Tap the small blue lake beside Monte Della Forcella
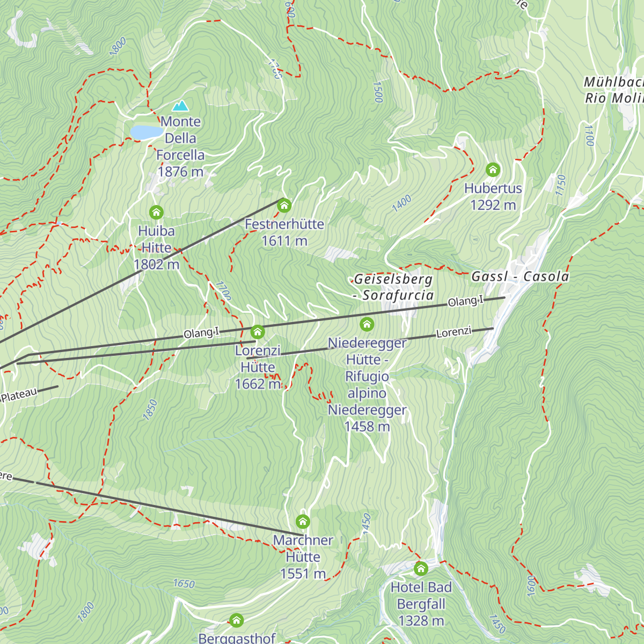[147, 132]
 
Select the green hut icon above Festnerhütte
[284, 206]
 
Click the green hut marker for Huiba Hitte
[156, 213]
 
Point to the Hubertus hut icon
[493, 170]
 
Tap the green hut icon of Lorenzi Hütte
[258, 332]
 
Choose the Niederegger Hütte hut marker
[367, 324]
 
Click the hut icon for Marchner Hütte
[303, 522]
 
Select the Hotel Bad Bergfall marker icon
[421, 568]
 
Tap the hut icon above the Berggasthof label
[236, 621]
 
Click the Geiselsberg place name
[393, 280]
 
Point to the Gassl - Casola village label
[520, 277]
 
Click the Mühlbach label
[613, 82]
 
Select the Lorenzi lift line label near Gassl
[453, 333]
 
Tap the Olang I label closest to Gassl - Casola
[465, 302]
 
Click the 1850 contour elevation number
[150, 409]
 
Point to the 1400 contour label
[401, 203]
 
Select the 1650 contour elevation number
[184, 583]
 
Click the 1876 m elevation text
[180, 172]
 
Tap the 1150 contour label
[561, 185]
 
